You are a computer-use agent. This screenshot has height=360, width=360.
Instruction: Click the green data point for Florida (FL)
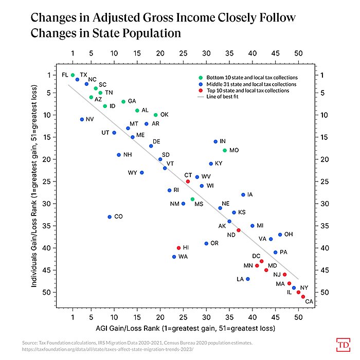73,75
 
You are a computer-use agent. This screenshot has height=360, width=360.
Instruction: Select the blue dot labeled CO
110,217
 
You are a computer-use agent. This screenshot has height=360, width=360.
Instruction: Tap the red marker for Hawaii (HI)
178,248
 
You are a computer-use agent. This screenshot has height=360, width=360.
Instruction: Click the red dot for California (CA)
303,297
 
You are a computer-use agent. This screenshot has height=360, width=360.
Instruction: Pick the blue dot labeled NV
82,119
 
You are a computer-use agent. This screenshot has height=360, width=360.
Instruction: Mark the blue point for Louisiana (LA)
248,279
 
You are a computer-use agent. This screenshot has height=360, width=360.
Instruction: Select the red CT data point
188,182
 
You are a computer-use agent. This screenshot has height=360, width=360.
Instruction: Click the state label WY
133,173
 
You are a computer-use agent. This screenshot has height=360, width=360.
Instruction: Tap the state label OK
165,115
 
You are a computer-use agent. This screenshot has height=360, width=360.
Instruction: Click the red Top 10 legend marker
193,91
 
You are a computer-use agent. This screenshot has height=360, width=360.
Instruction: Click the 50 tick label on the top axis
298,52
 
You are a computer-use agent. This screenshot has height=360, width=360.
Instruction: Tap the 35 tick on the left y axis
49,226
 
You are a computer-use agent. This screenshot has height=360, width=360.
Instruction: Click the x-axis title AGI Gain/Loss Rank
178,328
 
